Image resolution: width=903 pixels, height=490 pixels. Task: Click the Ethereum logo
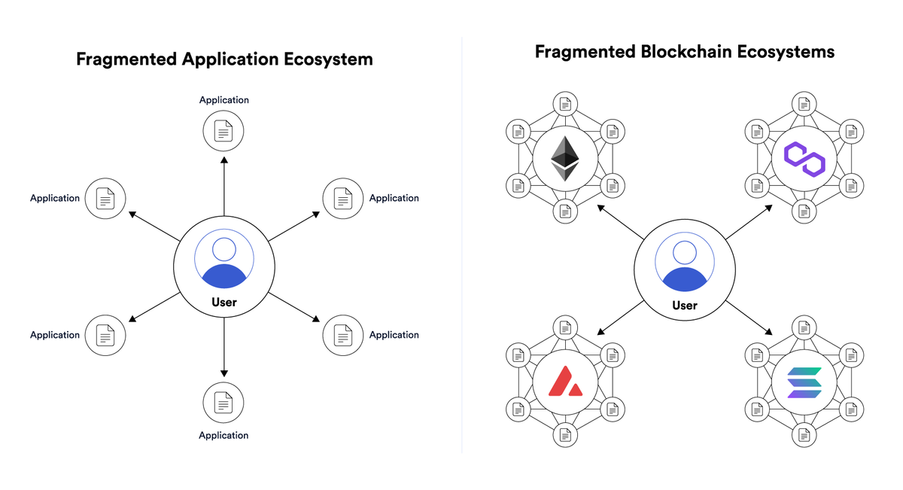coord(565,157)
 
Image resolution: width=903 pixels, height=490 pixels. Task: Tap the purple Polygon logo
coord(804,158)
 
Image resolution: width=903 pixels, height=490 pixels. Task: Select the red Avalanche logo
coord(565,383)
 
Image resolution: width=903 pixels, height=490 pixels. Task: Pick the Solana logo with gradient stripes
coord(804,383)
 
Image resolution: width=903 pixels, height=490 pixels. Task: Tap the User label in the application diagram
coord(224,302)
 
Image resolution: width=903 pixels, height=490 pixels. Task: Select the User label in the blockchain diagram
coord(685,305)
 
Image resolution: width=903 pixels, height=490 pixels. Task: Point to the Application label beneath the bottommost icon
coord(223,435)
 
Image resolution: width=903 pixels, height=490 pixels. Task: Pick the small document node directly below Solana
coord(804,434)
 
